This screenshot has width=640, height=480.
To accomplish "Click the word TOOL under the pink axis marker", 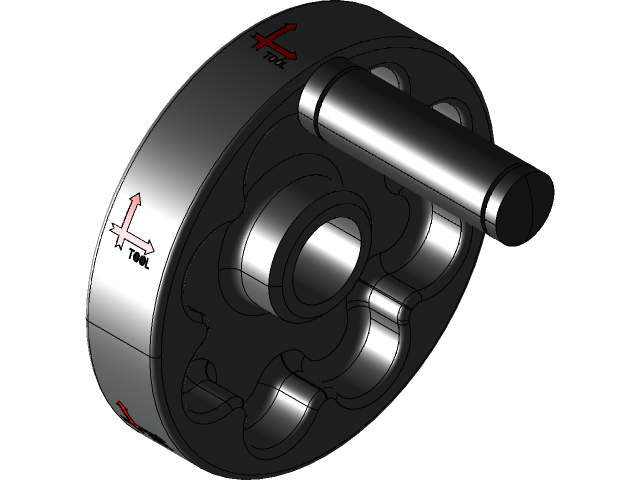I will tap(140, 258).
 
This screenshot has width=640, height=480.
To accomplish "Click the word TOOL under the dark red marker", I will tap(275, 59).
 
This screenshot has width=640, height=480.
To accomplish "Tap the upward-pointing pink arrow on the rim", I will tap(129, 211).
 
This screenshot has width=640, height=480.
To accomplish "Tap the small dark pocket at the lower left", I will tap(200, 385).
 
